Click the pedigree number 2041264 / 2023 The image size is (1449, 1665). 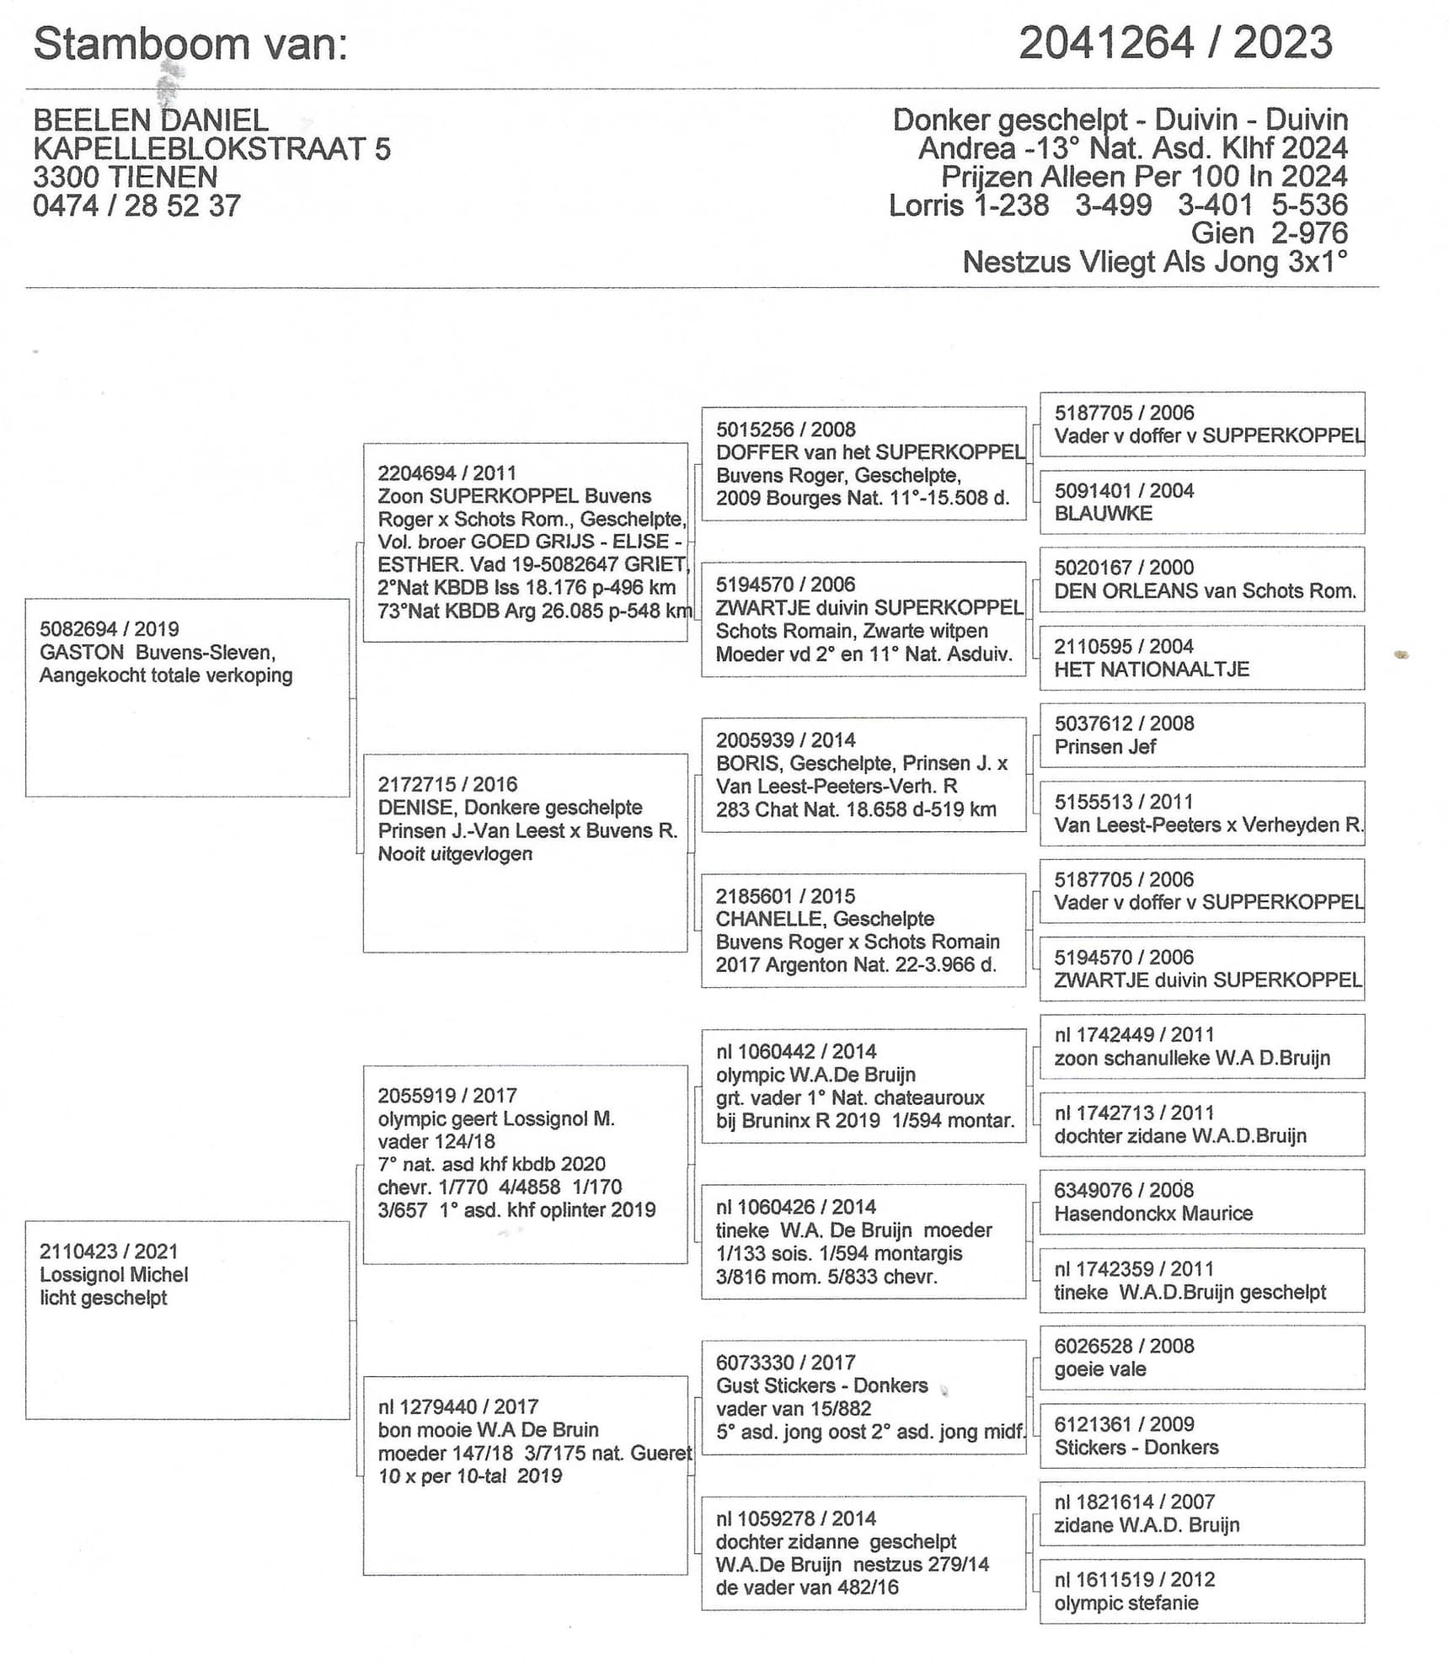tap(1175, 43)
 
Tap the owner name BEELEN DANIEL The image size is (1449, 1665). tap(151, 120)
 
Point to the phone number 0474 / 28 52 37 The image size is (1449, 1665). tap(136, 206)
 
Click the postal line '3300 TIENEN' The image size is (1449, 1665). tap(126, 178)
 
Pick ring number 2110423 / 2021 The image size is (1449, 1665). tap(109, 1251)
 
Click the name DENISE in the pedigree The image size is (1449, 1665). tap(415, 808)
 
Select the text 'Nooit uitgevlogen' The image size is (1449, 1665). tap(455, 854)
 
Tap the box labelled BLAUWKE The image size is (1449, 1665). tap(1103, 514)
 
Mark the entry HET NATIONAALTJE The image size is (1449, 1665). tap(1152, 670)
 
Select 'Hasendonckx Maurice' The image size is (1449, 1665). tap(1153, 1214)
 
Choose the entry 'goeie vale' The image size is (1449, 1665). tap(1099, 1369)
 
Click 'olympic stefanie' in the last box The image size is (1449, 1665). tap(1126, 1603)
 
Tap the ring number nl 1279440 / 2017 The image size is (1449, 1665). tap(457, 1406)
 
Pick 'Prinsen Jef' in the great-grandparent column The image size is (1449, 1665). tap(1104, 747)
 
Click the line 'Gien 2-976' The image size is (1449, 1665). tap(1269, 234)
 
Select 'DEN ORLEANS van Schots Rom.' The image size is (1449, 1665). tap(1205, 591)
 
